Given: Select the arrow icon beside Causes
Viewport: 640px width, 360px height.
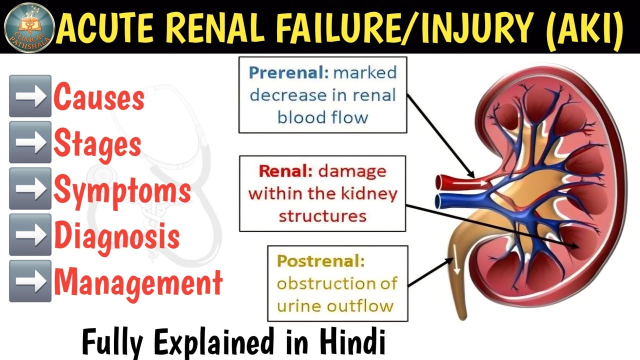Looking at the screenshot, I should coord(30,96).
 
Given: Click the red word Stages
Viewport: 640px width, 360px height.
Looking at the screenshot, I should coord(97,143).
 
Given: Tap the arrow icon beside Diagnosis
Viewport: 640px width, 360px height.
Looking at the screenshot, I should coord(30,235).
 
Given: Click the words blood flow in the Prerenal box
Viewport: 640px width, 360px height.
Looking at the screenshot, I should coord(322,118).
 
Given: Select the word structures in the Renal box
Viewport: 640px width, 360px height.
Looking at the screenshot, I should coord(322,216).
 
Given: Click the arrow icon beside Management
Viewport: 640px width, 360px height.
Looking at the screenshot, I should coord(30,281).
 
